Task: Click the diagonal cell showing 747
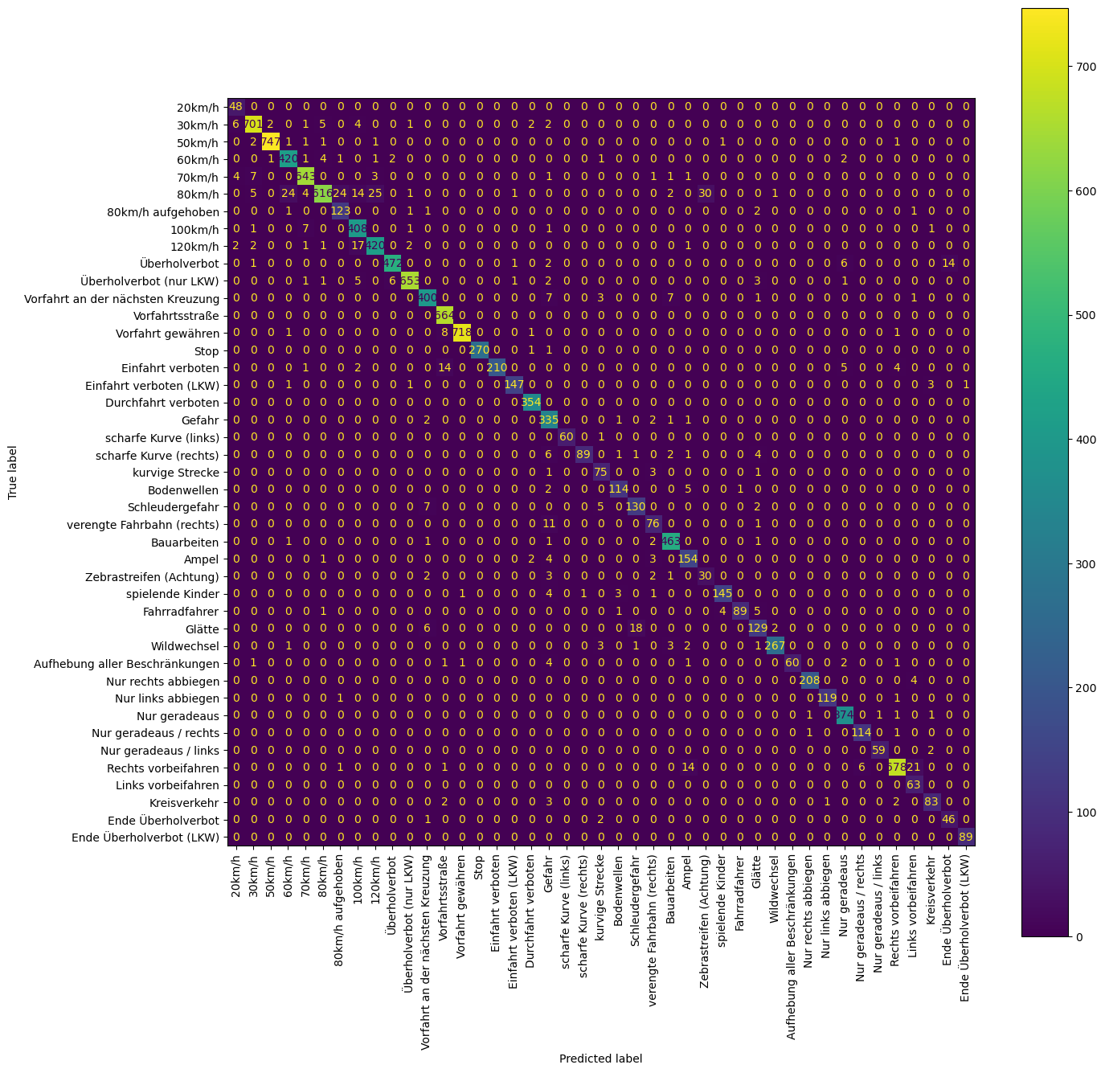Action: point(271,142)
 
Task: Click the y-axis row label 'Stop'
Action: point(206,350)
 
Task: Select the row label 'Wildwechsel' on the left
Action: point(185,646)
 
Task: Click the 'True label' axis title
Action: point(14,473)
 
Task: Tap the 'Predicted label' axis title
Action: point(600,1059)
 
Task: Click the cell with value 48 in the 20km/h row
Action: point(236,107)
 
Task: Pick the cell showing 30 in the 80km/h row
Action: point(705,194)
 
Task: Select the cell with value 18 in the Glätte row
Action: point(635,629)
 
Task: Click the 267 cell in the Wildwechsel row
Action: point(774,646)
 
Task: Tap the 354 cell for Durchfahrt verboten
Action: point(531,402)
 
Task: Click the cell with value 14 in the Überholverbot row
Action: point(948,264)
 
